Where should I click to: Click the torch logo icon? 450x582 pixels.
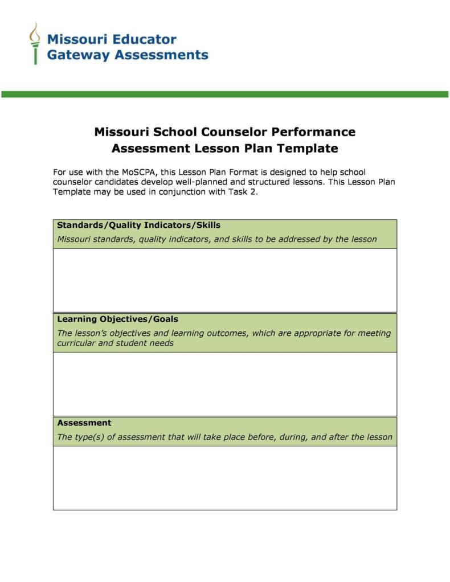coord(35,43)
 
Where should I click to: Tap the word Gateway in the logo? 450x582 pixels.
coord(79,55)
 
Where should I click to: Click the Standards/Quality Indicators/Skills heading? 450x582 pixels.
coord(138,225)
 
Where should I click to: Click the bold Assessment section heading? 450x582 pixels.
coord(84,423)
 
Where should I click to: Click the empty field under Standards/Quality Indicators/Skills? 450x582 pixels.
coord(224,280)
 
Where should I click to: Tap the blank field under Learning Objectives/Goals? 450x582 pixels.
coord(224,384)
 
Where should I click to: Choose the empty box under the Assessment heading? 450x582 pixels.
coord(224,478)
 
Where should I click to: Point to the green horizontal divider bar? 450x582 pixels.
coord(224,94)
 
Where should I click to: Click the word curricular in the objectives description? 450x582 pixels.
coord(76,343)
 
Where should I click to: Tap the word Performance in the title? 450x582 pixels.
coord(313,132)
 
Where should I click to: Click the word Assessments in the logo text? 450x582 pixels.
coord(162,55)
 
